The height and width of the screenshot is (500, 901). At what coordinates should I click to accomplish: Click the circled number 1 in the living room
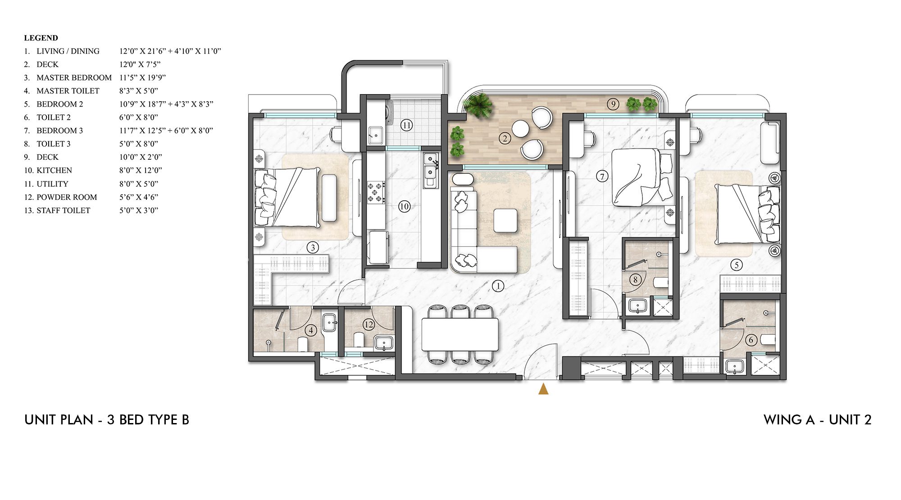(498, 286)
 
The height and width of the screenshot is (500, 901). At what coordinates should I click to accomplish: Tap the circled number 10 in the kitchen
(404, 207)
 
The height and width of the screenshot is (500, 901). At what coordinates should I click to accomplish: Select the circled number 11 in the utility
(406, 125)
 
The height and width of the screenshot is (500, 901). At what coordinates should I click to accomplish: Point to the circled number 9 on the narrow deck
(613, 104)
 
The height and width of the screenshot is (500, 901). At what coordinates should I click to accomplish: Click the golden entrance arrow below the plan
(543, 389)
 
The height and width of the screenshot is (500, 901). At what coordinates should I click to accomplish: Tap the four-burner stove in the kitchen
(375, 191)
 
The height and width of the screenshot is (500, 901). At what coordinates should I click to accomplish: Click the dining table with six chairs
(460, 334)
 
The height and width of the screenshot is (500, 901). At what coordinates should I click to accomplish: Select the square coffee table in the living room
(505, 221)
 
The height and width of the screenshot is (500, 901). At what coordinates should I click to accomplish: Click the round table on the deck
(520, 129)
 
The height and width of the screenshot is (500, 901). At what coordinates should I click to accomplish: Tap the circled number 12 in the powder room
(369, 324)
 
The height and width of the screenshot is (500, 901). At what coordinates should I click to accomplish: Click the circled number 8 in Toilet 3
(635, 280)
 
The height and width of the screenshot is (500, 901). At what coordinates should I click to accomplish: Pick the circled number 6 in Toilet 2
(751, 340)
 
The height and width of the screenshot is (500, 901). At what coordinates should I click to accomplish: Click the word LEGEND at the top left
(41, 38)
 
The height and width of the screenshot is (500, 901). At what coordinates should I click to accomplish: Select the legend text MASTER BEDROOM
(74, 77)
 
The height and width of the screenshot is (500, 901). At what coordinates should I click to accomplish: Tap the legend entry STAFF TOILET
(63, 210)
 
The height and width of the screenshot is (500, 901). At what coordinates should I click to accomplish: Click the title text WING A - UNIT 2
(817, 420)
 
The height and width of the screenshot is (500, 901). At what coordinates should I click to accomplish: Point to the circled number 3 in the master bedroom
(313, 247)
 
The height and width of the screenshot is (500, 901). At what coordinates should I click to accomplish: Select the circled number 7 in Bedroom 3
(602, 176)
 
